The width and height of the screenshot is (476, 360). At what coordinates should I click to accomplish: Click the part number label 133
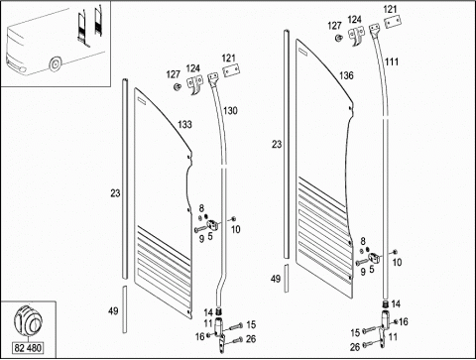184,124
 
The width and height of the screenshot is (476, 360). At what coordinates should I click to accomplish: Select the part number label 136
346,75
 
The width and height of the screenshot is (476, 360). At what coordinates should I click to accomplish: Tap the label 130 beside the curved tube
230,110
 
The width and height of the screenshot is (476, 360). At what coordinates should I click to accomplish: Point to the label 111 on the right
392,61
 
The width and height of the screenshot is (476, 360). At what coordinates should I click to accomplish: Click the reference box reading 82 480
28,348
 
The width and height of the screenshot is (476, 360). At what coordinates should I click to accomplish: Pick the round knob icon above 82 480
28,319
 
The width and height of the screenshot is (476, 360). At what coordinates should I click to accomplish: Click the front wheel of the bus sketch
55,63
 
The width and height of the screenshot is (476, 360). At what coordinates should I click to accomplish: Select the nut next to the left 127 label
178,86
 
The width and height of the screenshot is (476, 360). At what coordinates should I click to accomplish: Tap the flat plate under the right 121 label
393,22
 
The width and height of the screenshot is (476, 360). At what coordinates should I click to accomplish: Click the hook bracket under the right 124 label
356,36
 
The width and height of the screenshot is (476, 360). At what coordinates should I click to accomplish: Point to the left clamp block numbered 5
211,225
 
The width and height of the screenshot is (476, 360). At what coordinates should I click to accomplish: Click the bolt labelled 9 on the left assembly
200,229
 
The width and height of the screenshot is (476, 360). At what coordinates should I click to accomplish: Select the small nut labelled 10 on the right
396,252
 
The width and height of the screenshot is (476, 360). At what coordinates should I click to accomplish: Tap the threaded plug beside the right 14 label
385,303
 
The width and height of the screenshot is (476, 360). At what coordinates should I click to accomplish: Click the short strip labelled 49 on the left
124,309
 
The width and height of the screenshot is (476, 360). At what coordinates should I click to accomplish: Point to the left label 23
115,193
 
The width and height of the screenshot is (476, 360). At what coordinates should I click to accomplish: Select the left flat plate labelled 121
231,70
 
